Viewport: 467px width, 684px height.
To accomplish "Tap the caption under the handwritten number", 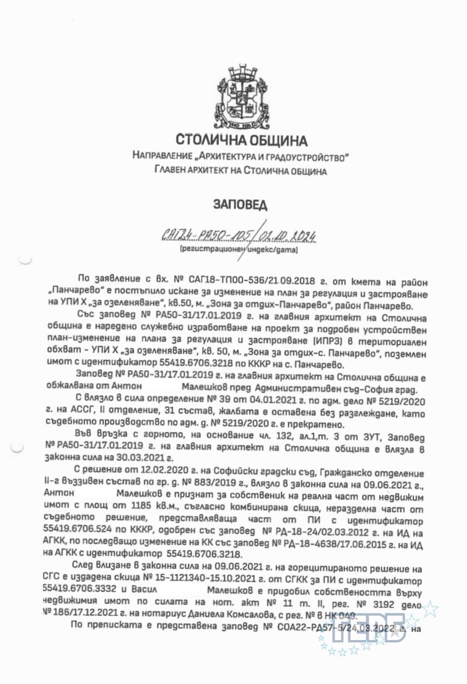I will click(239, 251).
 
